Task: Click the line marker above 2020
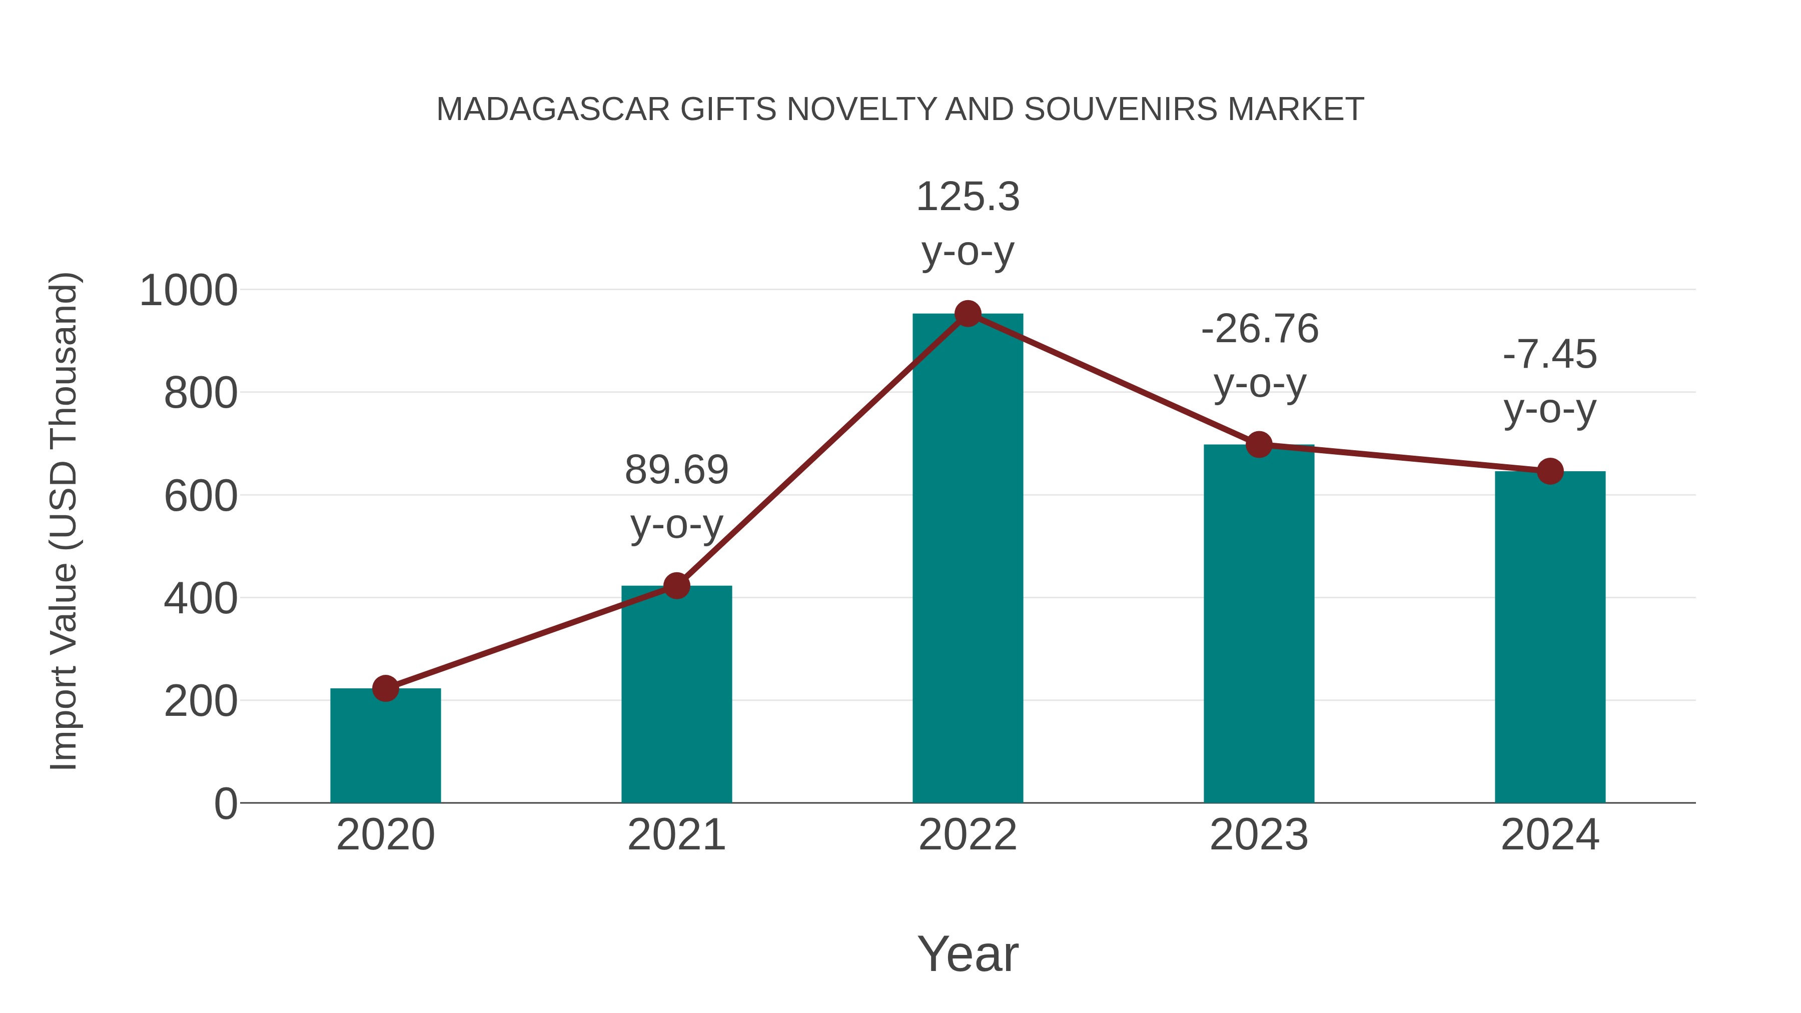tap(385, 689)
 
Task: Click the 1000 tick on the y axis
tap(189, 291)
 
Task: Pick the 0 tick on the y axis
tap(226, 804)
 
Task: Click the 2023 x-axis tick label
tap(1259, 835)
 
